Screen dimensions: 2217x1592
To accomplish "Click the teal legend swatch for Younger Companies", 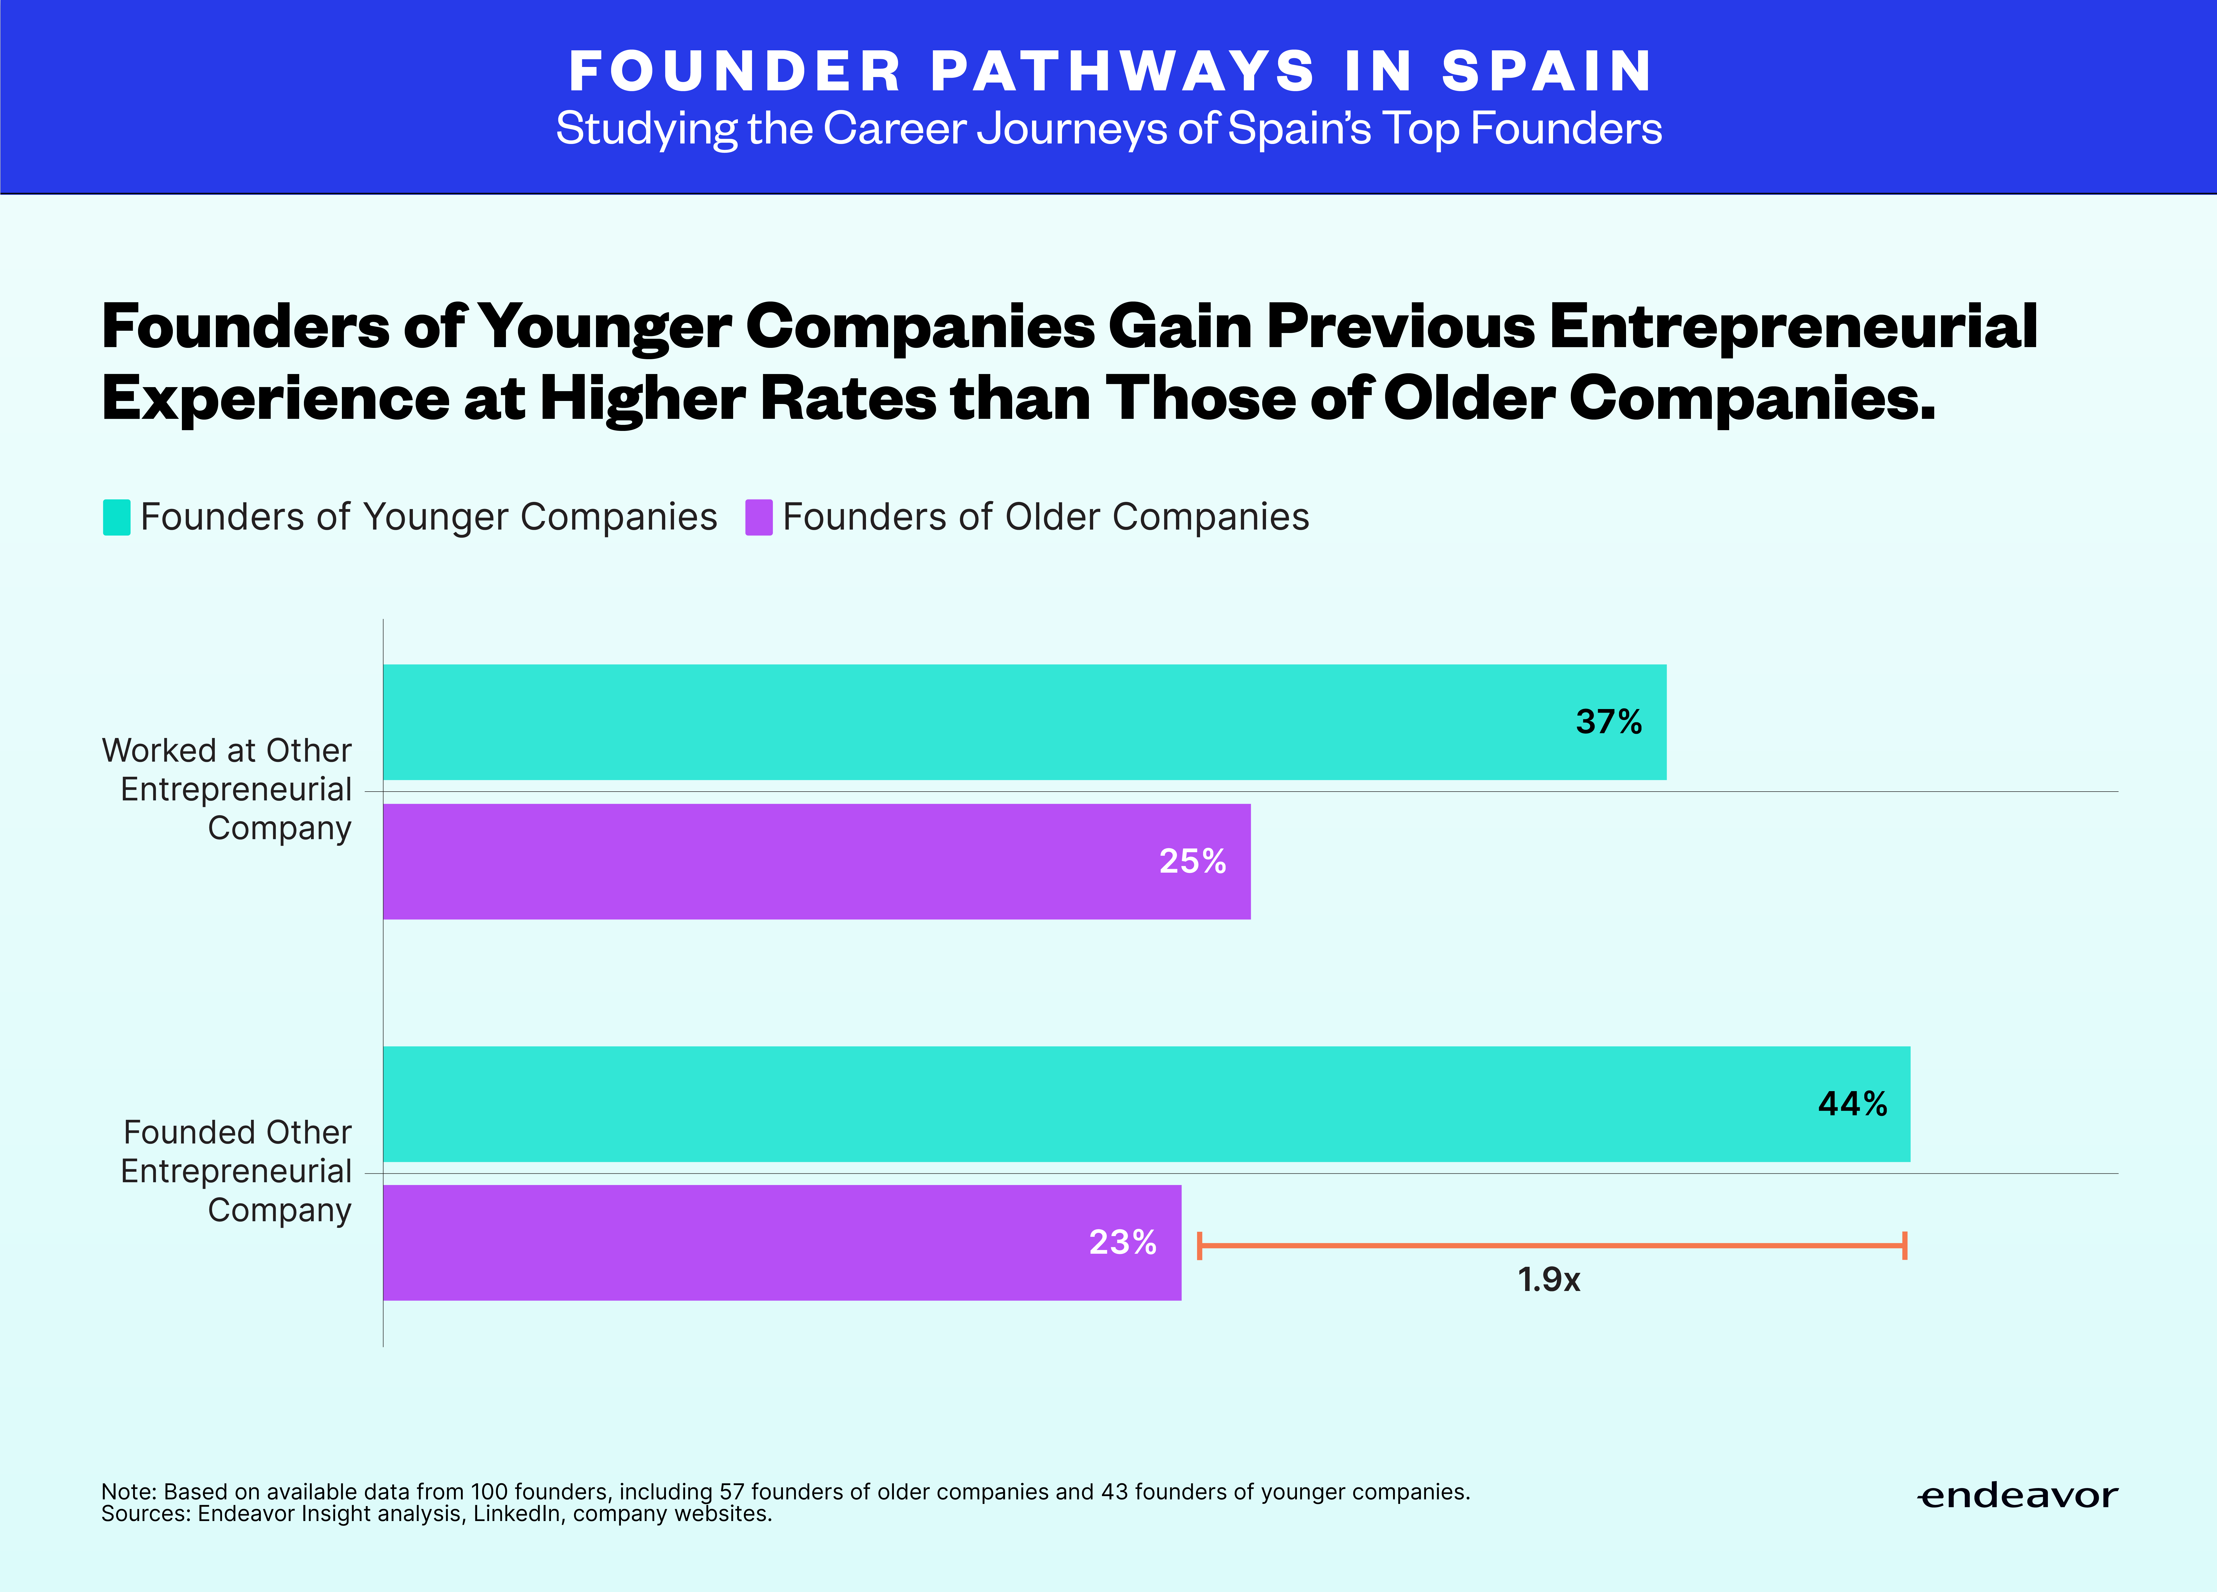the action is click(116, 517).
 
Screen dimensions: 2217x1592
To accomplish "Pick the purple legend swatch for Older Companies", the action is click(759, 517).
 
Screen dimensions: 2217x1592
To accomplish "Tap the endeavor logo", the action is click(2017, 1496).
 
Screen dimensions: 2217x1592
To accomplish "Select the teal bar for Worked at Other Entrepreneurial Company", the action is click(1024, 722).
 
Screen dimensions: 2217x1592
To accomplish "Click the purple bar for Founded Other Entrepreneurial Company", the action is click(782, 1243).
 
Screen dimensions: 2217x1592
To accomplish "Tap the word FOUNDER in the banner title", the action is click(735, 71).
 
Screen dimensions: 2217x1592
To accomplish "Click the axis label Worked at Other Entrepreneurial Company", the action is click(227, 789).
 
